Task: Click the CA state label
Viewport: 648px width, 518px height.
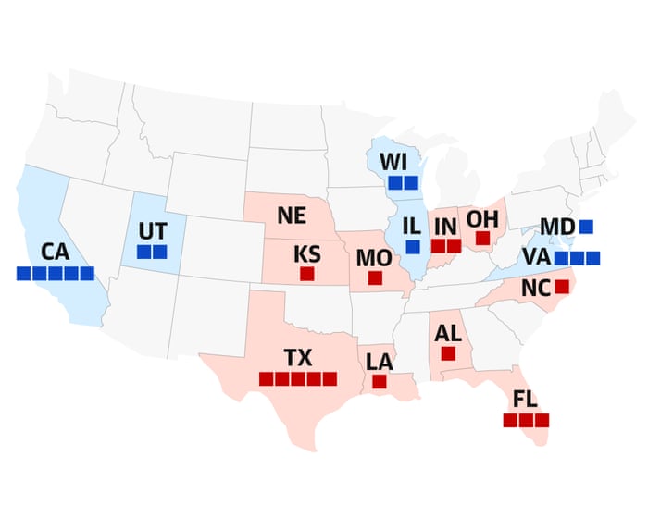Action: click(x=56, y=251)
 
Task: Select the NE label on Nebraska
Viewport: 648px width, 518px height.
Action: click(x=292, y=216)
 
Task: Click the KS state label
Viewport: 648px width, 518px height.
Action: click(x=306, y=253)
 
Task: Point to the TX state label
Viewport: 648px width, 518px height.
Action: click(x=298, y=357)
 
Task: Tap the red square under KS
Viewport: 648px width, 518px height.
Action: click(x=306, y=274)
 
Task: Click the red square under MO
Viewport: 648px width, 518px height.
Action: click(x=376, y=277)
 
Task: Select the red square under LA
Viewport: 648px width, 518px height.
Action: click(x=379, y=381)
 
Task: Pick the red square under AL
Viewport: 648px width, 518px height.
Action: click(x=448, y=353)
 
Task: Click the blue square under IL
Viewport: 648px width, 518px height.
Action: click(x=413, y=246)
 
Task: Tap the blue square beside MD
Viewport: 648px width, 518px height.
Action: click(x=587, y=226)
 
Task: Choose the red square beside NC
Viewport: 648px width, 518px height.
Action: click(x=562, y=287)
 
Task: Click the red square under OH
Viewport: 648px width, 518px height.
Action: click(x=482, y=239)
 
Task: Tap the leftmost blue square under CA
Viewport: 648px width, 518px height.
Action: click(x=24, y=273)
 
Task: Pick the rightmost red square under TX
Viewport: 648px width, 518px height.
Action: click(x=330, y=378)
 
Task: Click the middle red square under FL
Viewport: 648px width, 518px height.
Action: click(x=526, y=420)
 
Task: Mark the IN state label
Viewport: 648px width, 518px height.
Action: click(x=445, y=225)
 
